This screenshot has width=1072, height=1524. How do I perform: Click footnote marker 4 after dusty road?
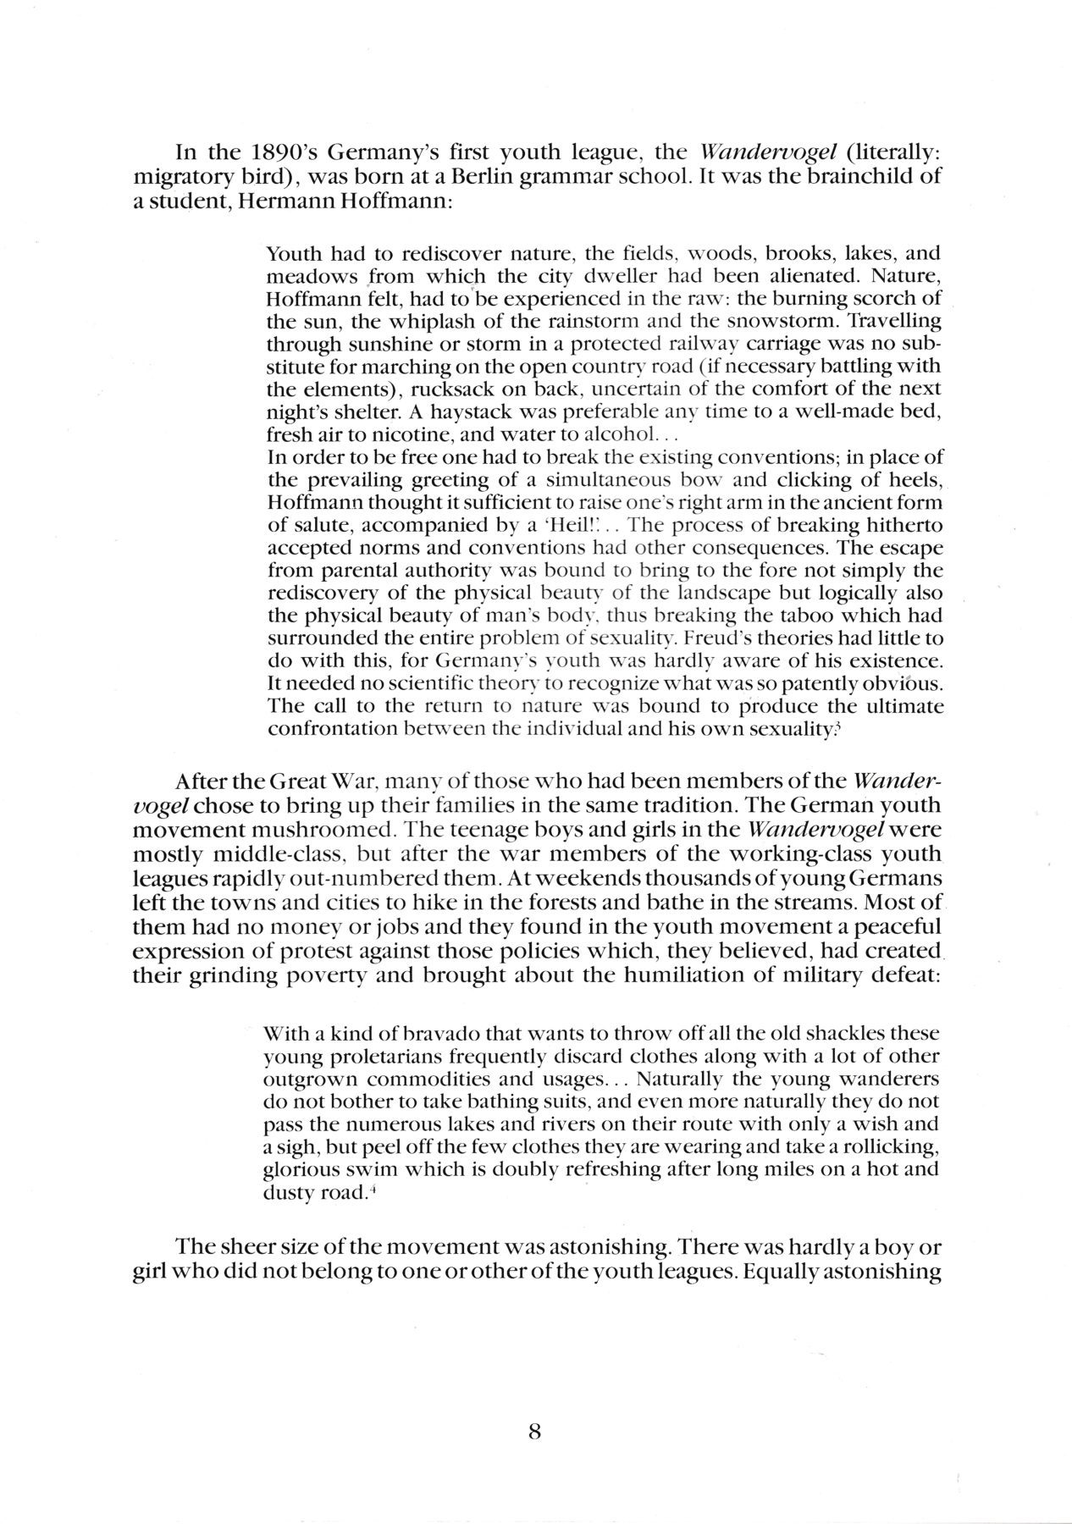[x=371, y=1191]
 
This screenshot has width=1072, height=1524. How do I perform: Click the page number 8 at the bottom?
[x=534, y=1408]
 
